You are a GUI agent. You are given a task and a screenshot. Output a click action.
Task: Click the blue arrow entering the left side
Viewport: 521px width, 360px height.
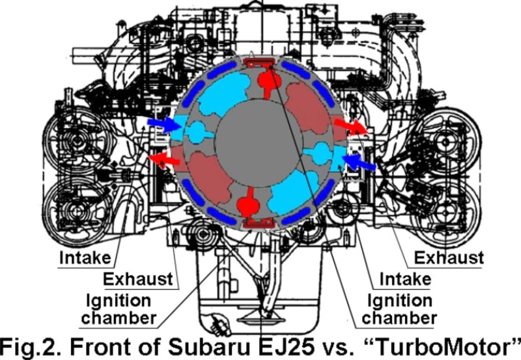pos(165,124)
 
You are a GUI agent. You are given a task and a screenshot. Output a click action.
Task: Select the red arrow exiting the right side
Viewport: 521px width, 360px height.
pos(351,126)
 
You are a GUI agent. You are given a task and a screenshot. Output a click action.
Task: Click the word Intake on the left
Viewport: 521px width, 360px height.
pos(85,258)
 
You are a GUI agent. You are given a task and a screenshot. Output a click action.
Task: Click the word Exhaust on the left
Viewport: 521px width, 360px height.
pos(138,279)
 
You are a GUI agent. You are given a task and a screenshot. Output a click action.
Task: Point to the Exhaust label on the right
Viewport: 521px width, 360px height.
pos(449,258)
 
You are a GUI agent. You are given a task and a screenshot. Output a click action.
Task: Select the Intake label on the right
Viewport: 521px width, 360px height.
pos(405,279)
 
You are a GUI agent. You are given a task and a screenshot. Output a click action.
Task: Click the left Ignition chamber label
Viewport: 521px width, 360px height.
pos(119,309)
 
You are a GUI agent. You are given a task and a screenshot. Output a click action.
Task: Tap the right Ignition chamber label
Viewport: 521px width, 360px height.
pos(399,309)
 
